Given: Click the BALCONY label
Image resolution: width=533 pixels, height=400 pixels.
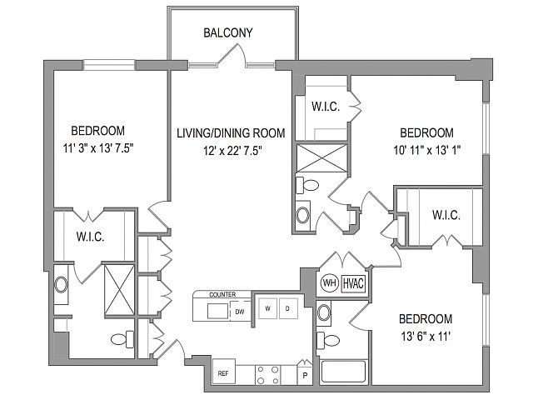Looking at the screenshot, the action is tap(228, 32).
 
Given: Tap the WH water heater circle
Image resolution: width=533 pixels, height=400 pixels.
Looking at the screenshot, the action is tap(330, 282).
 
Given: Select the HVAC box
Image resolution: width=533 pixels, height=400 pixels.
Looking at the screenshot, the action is tap(353, 283).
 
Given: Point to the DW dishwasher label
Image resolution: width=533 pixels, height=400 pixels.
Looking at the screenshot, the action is tap(240, 312).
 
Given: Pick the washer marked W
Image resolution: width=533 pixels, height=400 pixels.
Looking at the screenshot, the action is tap(268, 308).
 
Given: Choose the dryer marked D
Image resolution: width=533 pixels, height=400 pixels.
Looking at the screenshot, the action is tap(288, 308).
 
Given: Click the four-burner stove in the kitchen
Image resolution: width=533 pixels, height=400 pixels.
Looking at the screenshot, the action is tap(267, 375).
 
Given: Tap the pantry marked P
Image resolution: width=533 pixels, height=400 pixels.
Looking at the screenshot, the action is tap(305, 373).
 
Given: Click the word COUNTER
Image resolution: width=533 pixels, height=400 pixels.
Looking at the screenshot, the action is tap(222, 294).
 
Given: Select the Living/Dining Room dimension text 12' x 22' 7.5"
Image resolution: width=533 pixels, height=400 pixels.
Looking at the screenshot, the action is tap(232, 150).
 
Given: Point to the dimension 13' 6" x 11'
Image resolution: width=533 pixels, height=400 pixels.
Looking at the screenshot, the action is tap(426, 337).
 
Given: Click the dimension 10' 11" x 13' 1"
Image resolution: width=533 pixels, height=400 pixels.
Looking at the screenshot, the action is tap(427, 150).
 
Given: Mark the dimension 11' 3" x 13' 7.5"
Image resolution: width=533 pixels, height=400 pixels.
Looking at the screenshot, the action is tap(98, 148).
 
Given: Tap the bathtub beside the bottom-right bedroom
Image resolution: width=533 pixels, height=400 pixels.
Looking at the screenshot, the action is tap(343, 372).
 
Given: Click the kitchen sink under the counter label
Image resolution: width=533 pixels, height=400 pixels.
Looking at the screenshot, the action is tap(217, 311).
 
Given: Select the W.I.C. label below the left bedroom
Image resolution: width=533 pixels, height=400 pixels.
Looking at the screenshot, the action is tap(90, 237).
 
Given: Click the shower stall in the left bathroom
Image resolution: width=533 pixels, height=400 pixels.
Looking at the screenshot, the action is tap(119, 290).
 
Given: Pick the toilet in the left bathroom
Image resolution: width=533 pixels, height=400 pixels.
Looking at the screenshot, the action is tap(122, 339).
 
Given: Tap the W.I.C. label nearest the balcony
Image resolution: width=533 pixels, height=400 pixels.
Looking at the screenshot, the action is tap(326, 107).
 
